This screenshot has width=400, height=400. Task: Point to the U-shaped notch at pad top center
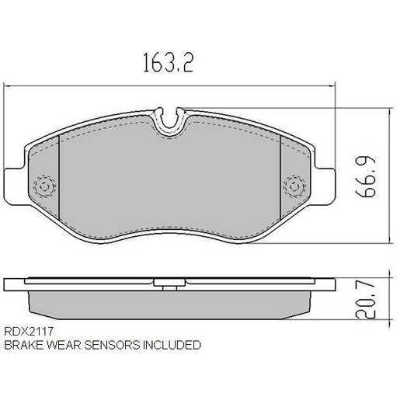coord(169,120)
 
